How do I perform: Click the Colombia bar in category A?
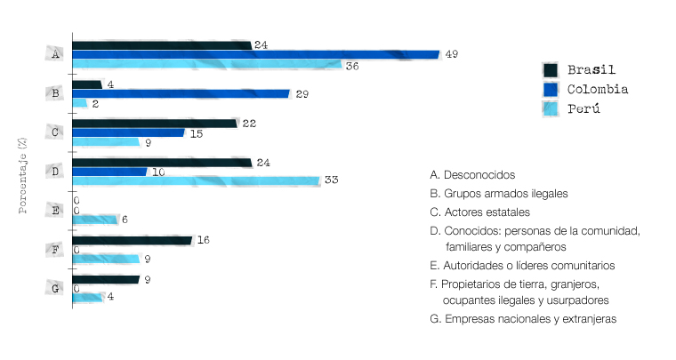(255, 54)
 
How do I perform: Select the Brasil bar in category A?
(162, 44)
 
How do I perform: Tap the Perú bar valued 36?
(206, 64)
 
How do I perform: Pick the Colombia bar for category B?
(181, 93)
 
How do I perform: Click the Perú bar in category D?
(196, 180)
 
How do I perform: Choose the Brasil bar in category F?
(132, 240)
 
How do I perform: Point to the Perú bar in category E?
(95, 220)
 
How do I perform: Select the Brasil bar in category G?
(106, 279)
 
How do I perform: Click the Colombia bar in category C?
(128, 132)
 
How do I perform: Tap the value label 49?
(451, 54)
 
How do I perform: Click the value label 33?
(332, 180)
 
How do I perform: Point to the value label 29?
(302, 93)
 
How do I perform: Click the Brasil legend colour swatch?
(550, 70)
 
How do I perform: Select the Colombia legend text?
(598, 89)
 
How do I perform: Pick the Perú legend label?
(583, 108)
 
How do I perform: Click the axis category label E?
(56, 211)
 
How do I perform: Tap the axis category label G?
(56, 288)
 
